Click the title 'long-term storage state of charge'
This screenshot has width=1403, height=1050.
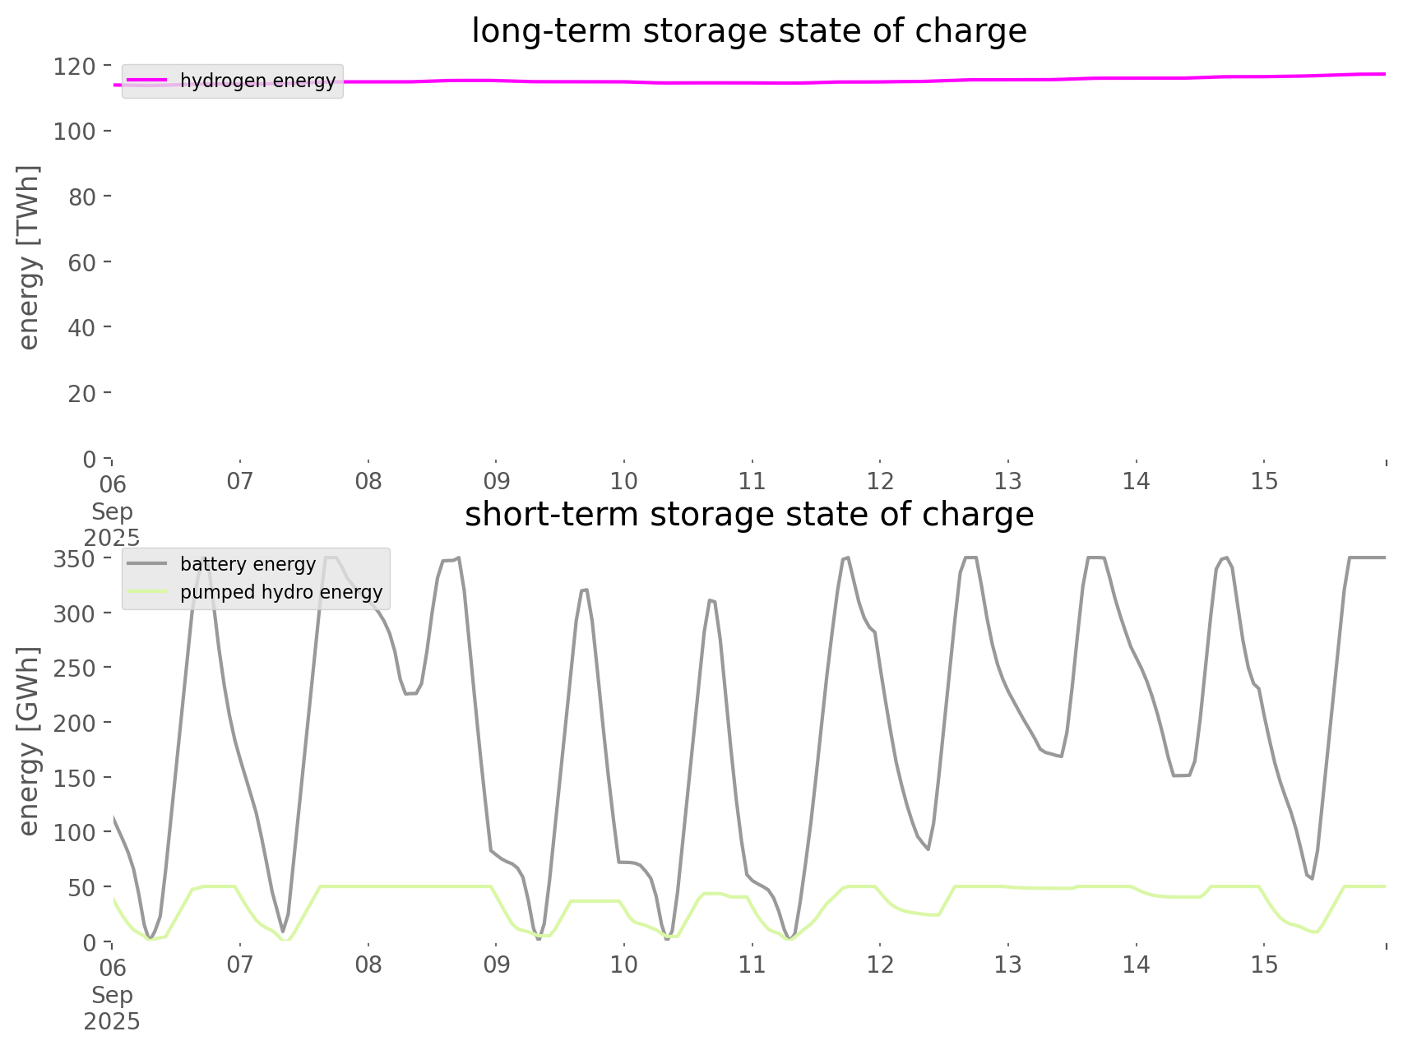point(748,31)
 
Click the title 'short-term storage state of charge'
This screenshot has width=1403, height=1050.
point(748,515)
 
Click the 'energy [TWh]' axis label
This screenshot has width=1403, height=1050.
point(29,257)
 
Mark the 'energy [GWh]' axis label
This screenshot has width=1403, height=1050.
point(29,742)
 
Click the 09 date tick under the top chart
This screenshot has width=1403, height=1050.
point(496,481)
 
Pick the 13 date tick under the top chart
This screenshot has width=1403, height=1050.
point(1008,481)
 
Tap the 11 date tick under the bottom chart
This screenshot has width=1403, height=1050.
point(752,964)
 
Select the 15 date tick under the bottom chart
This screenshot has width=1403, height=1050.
point(1265,964)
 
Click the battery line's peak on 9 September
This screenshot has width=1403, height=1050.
point(584,590)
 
